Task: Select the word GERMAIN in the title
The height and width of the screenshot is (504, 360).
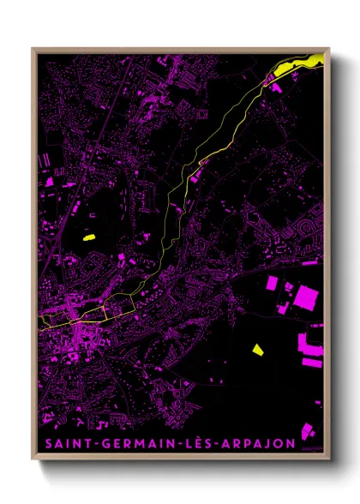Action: click(138, 443)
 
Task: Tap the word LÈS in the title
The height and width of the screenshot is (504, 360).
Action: click(201, 443)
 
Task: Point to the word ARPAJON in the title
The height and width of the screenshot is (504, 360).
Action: click(261, 443)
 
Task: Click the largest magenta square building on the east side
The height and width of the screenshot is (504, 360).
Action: click(305, 297)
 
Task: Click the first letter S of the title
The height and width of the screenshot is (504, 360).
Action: click(45, 443)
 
